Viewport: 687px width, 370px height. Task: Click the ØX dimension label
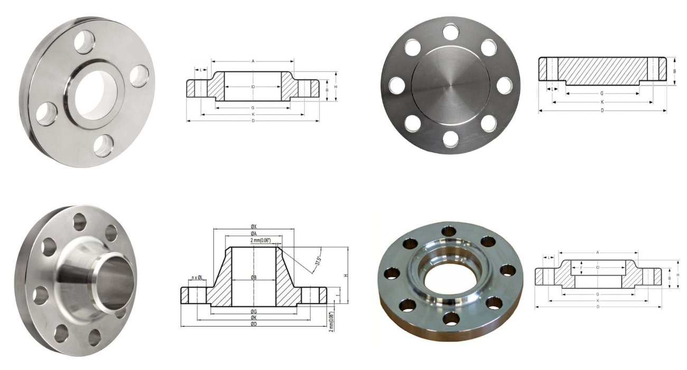[x=254, y=227]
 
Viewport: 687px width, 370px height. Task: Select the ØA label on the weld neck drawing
[x=254, y=234]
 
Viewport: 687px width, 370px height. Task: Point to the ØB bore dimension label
[x=254, y=277]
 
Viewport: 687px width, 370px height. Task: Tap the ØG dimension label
[x=254, y=311]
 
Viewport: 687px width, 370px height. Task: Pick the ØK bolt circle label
[x=254, y=318]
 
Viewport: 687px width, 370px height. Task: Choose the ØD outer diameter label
[x=254, y=324]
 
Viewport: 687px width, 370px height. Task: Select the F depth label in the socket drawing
[x=581, y=267]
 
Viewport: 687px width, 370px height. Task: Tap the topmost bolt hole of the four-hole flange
[x=84, y=42]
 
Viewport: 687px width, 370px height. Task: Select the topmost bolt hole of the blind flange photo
[x=451, y=32]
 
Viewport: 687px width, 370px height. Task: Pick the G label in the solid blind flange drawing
[x=602, y=92]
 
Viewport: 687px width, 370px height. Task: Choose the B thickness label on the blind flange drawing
[x=674, y=71]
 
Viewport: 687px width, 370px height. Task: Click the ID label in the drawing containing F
[x=597, y=267]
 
